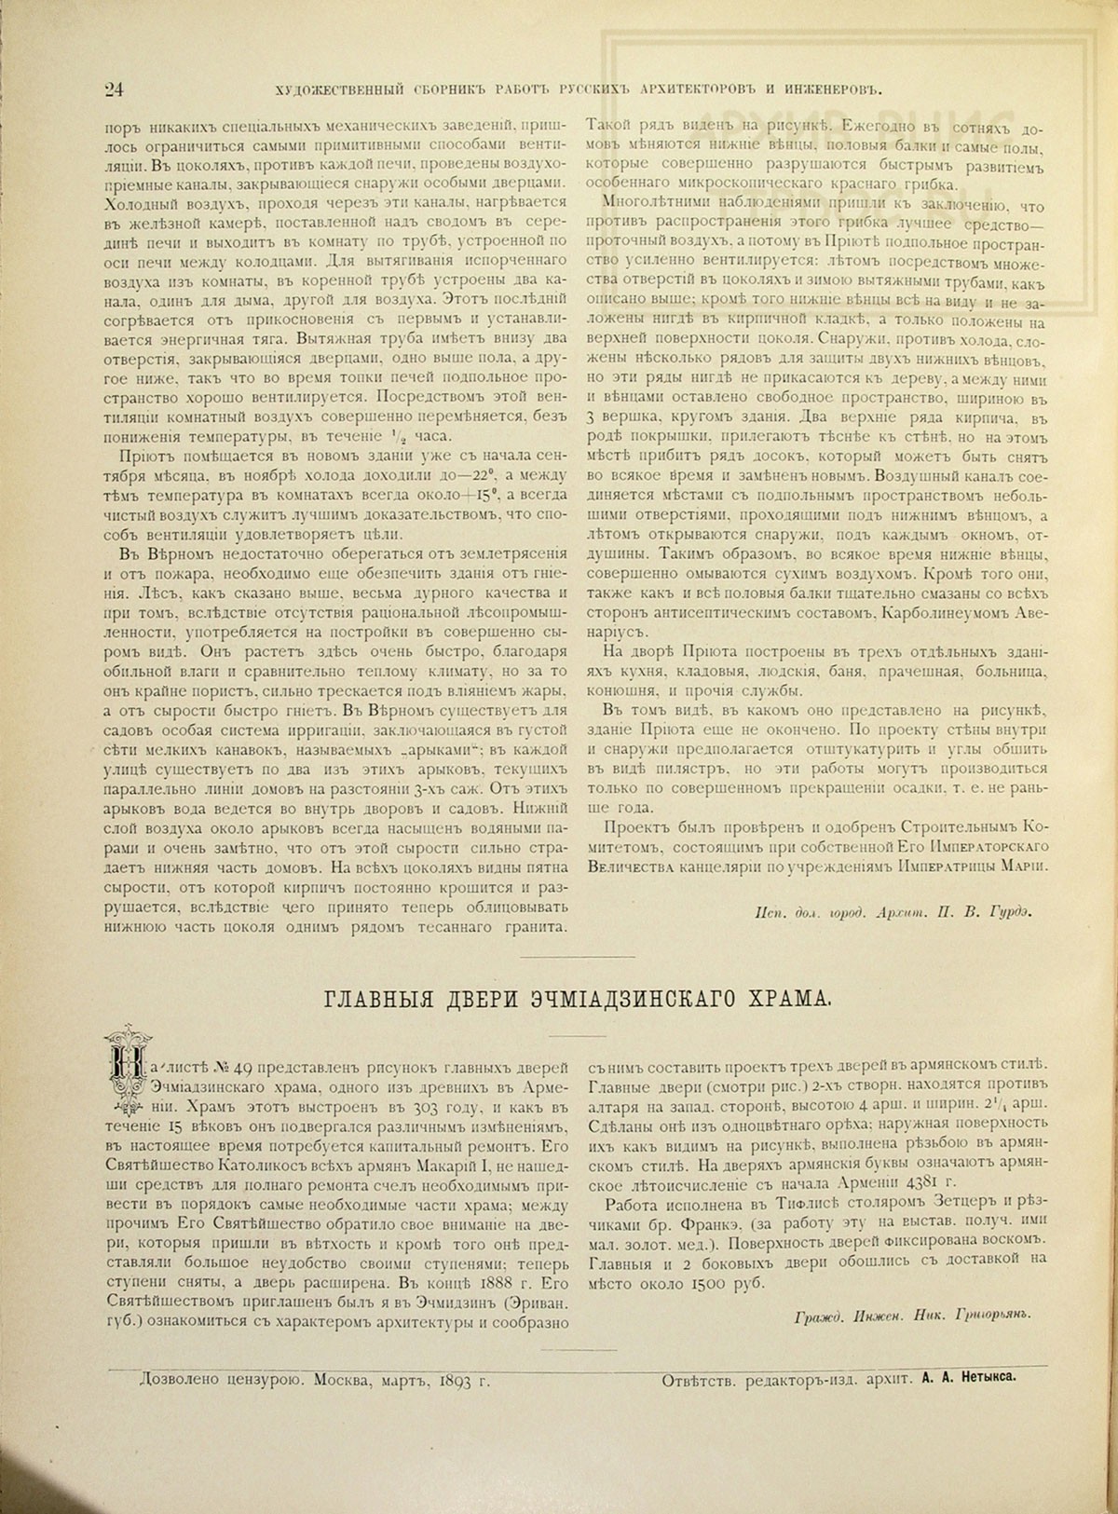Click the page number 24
(x=115, y=89)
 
